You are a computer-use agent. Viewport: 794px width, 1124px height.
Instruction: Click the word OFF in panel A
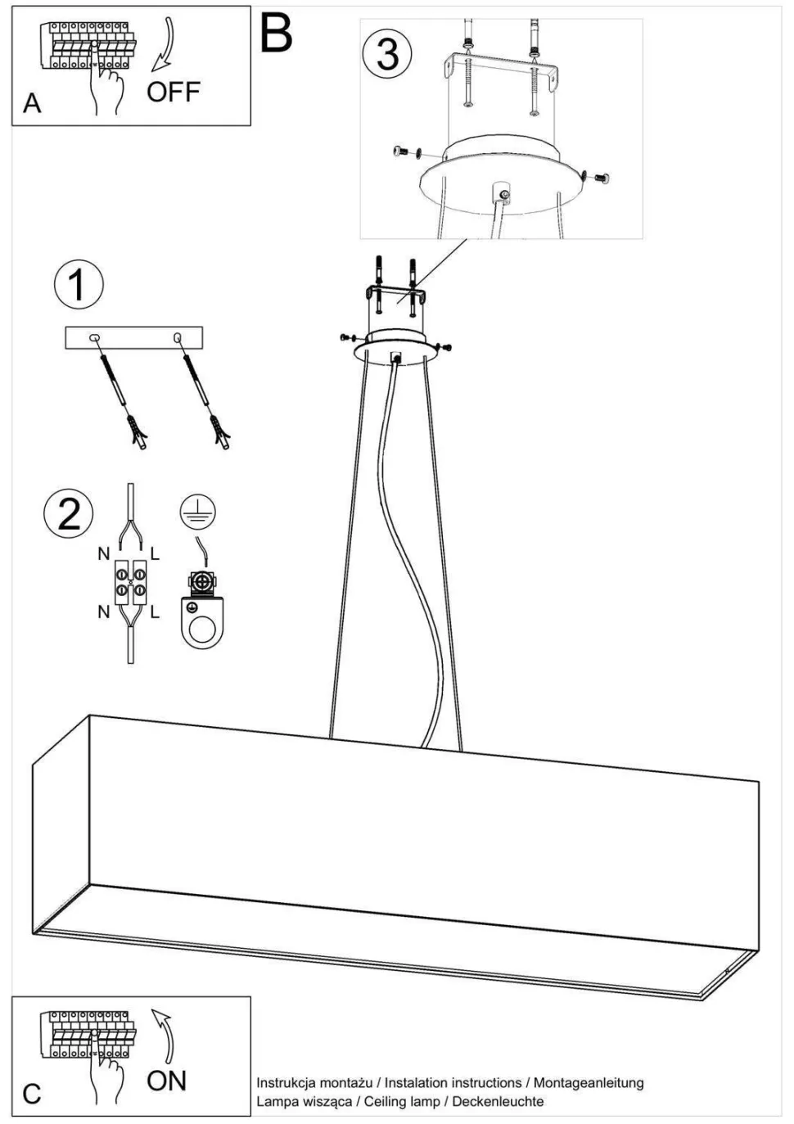174,92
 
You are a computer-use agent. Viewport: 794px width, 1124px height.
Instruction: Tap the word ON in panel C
167,1079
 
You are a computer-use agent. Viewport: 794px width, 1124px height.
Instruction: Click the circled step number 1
79,285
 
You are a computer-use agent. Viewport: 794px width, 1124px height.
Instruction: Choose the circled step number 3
387,54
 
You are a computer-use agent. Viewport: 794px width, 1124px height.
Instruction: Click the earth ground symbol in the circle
198,512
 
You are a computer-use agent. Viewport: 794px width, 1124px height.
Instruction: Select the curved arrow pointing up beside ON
166,1035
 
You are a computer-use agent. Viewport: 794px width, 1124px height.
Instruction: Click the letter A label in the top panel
32,104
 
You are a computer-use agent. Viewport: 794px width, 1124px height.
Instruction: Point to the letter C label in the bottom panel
32,1094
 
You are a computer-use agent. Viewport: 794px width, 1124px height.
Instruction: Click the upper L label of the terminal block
155,554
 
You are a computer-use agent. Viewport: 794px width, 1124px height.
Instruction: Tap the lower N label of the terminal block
103,612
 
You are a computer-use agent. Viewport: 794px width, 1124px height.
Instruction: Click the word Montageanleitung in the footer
589,1083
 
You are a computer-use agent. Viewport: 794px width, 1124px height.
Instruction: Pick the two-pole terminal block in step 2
130,581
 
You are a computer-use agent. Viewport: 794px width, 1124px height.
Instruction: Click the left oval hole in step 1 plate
94,338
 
